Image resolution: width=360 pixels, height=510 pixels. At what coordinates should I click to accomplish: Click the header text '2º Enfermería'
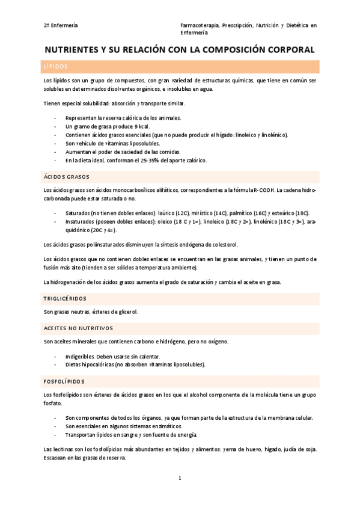pos(60,26)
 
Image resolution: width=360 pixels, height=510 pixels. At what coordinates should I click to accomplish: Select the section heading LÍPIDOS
pos(55,67)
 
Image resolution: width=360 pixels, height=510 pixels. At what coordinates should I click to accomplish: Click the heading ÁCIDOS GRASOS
pos(66,177)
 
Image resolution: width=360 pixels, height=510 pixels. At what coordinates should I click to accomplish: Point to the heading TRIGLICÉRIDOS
pos(65,298)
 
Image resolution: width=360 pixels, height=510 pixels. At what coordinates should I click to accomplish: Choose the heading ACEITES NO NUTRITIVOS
pos(78,328)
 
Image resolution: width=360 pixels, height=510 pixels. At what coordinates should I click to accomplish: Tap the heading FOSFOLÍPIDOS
pos(64,381)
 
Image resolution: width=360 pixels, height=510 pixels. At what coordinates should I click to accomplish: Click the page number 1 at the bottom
pos(180,478)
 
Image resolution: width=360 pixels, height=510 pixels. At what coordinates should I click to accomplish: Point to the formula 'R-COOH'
pos(264,190)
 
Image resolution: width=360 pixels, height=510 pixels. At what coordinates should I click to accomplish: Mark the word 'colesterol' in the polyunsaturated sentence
pos(224,244)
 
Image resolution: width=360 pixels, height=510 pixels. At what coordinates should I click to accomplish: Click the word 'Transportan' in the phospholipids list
pos(82,434)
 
